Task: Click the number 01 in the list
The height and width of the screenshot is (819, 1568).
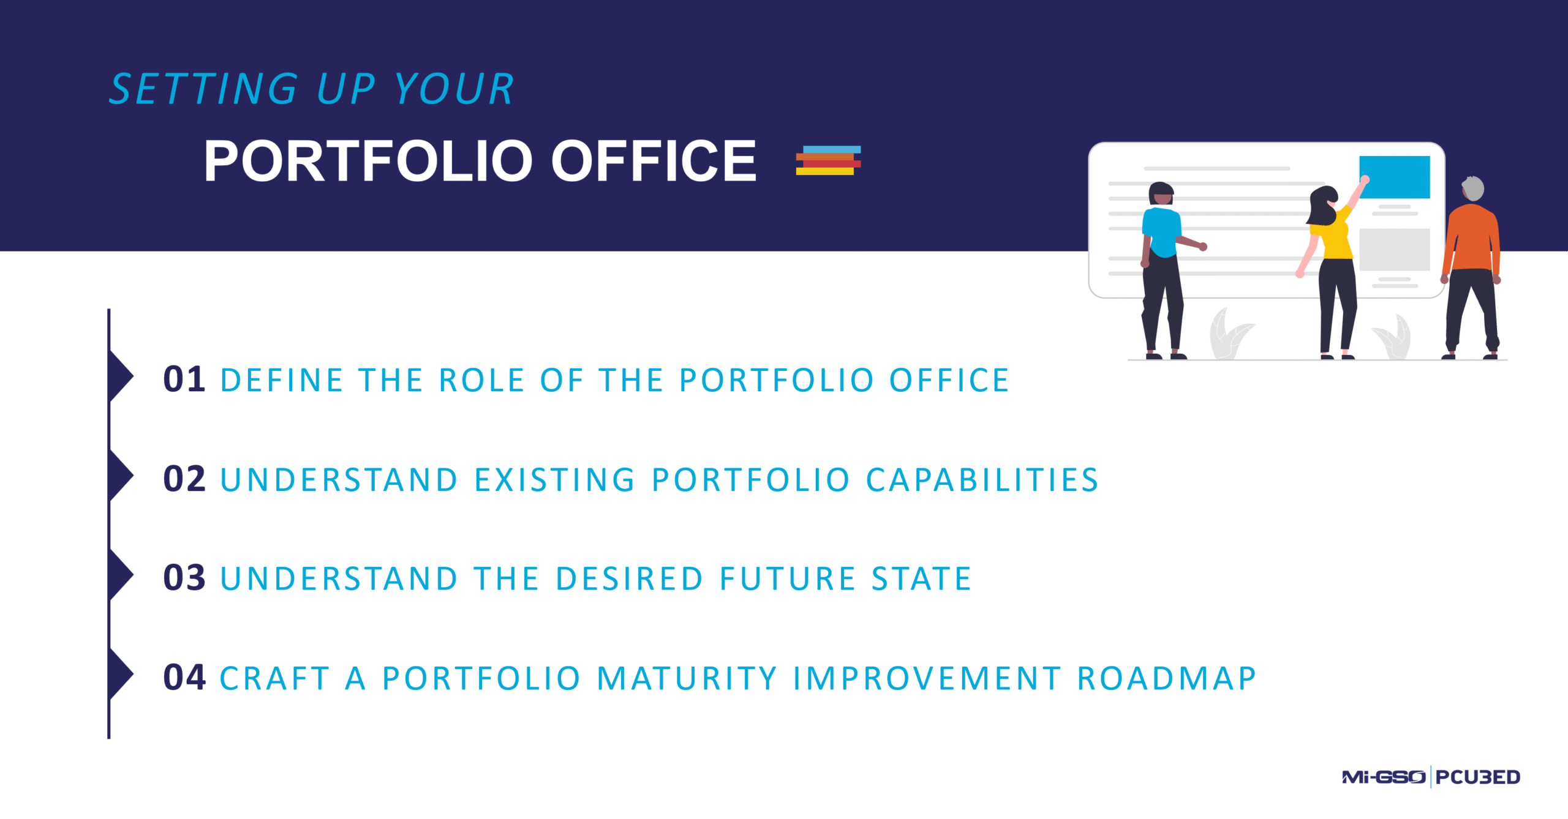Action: coord(184,380)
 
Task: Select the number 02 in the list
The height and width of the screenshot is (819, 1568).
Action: coord(184,479)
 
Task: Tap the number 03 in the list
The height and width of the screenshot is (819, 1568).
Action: coord(184,578)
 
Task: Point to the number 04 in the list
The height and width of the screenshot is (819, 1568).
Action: coord(184,678)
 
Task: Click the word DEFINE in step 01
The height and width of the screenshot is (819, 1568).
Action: coord(281,380)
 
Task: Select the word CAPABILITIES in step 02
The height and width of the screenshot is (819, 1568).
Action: coord(982,480)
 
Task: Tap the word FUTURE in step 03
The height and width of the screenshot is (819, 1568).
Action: coord(788,579)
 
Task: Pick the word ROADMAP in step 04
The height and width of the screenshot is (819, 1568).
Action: coord(1167,679)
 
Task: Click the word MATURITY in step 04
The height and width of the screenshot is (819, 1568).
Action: coord(687,679)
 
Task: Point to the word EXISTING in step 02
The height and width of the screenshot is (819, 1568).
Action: coord(555,480)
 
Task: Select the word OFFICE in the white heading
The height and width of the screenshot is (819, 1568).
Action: coord(654,161)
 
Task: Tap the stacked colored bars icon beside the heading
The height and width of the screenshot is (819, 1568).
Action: coord(828,160)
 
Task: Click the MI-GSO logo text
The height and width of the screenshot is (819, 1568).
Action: coord(1383,777)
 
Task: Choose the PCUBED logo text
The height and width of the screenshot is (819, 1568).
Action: coord(1477,777)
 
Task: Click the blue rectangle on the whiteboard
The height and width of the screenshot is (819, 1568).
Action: coord(1395,177)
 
